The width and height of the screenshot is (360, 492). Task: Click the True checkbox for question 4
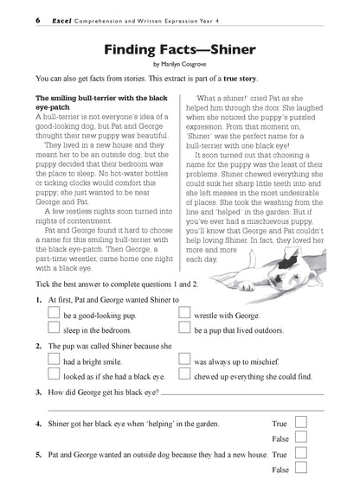(x=302, y=424)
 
